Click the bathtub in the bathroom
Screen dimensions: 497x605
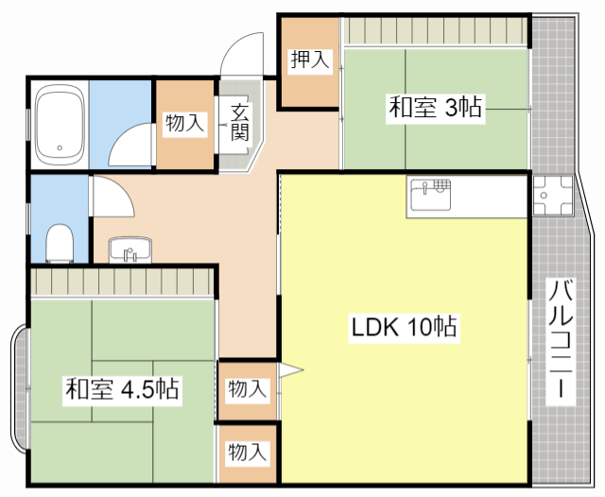[x=60, y=125]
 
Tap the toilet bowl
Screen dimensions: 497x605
[x=60, y=243]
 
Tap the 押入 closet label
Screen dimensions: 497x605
[x=309, y=61]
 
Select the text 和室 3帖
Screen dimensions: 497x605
[x=435, y=108]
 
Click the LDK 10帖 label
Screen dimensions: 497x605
[x=405, y=328]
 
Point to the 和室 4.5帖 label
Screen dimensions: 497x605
[x=124, y=388]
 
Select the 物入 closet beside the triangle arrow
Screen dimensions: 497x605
[x=248, y=388]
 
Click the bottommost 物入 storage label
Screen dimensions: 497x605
[x=248, y=453]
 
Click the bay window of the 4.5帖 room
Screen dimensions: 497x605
[x=18, y=374]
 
